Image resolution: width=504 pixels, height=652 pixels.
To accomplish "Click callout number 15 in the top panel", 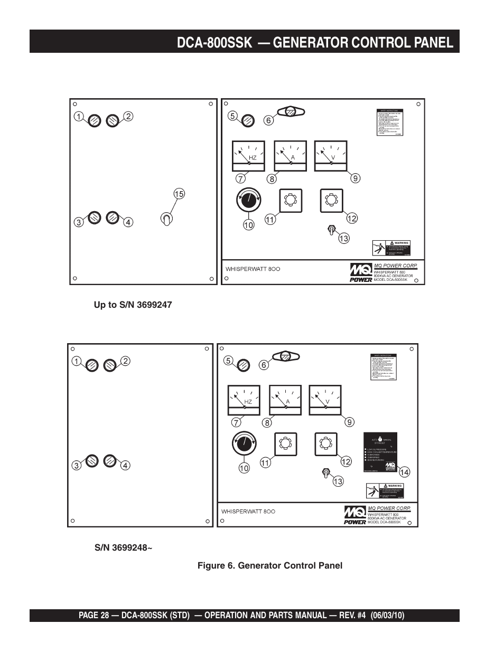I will pyautogui.click(x=179, y=194).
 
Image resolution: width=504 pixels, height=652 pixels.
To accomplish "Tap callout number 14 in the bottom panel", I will pyautogui.click(x=404, y=472).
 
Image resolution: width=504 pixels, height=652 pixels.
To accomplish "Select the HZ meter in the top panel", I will pyautogui.click(x=248, y=156).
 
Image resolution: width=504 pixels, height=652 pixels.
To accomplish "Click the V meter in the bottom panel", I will pyautogui.click(x=325, y=400).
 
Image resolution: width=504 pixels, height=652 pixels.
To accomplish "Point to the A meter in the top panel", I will pyautogui.click(x=290, y=156).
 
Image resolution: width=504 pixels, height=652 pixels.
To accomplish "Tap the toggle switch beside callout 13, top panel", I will pyautogui.click(x=332, y=230).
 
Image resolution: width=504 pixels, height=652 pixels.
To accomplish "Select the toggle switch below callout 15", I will pyautogui.click(x=166, y=219).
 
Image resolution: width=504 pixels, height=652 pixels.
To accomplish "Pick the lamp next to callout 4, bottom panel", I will pyautogui.click(x=110, y=461).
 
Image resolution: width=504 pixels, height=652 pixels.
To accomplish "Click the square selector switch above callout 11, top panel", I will pyautogui.click(x=290, y=200).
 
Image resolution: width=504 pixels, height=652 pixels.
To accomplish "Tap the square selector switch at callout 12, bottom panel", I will pyautogui.click(x=326, y=444).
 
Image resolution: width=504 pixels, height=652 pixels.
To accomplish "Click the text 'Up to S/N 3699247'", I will pyautogui.click(x=133, y=305).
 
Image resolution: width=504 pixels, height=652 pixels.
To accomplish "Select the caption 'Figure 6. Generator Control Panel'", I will pyautogui.click(x=270, y=565).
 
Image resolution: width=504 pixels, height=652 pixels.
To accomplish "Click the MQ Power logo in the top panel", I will pyautogui.click(x=361, y=273).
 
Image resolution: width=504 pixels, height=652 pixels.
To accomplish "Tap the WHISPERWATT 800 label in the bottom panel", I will pyautogui.click(x=248, y=512).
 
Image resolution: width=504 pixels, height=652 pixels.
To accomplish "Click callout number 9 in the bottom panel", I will pyautogui.click(x=349, y=422).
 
